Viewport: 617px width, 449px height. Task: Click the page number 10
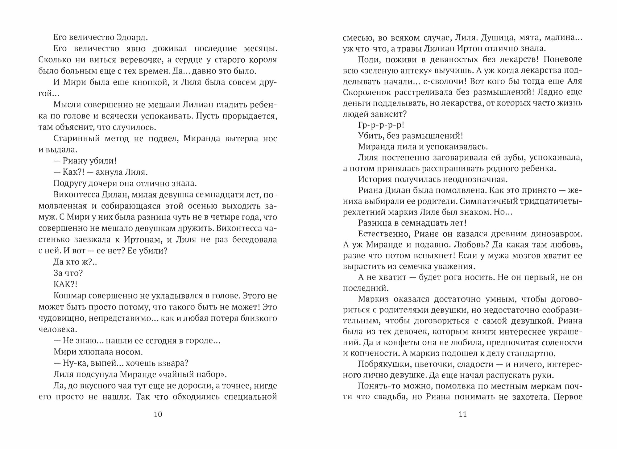pyautogui.click(x=158, y=414)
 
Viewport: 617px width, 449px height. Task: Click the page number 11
pyautogui.click(x=463, y=414)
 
